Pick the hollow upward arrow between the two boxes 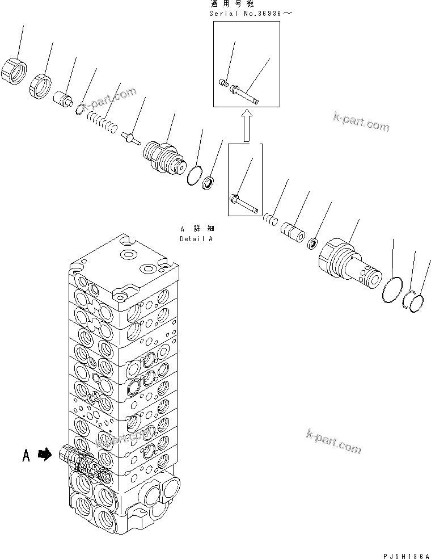(246, 126)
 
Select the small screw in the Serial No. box (223, 84)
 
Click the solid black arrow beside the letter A (43, 454)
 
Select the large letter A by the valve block (26, 455)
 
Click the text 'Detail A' (196, 239)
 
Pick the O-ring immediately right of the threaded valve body (194, 175)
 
